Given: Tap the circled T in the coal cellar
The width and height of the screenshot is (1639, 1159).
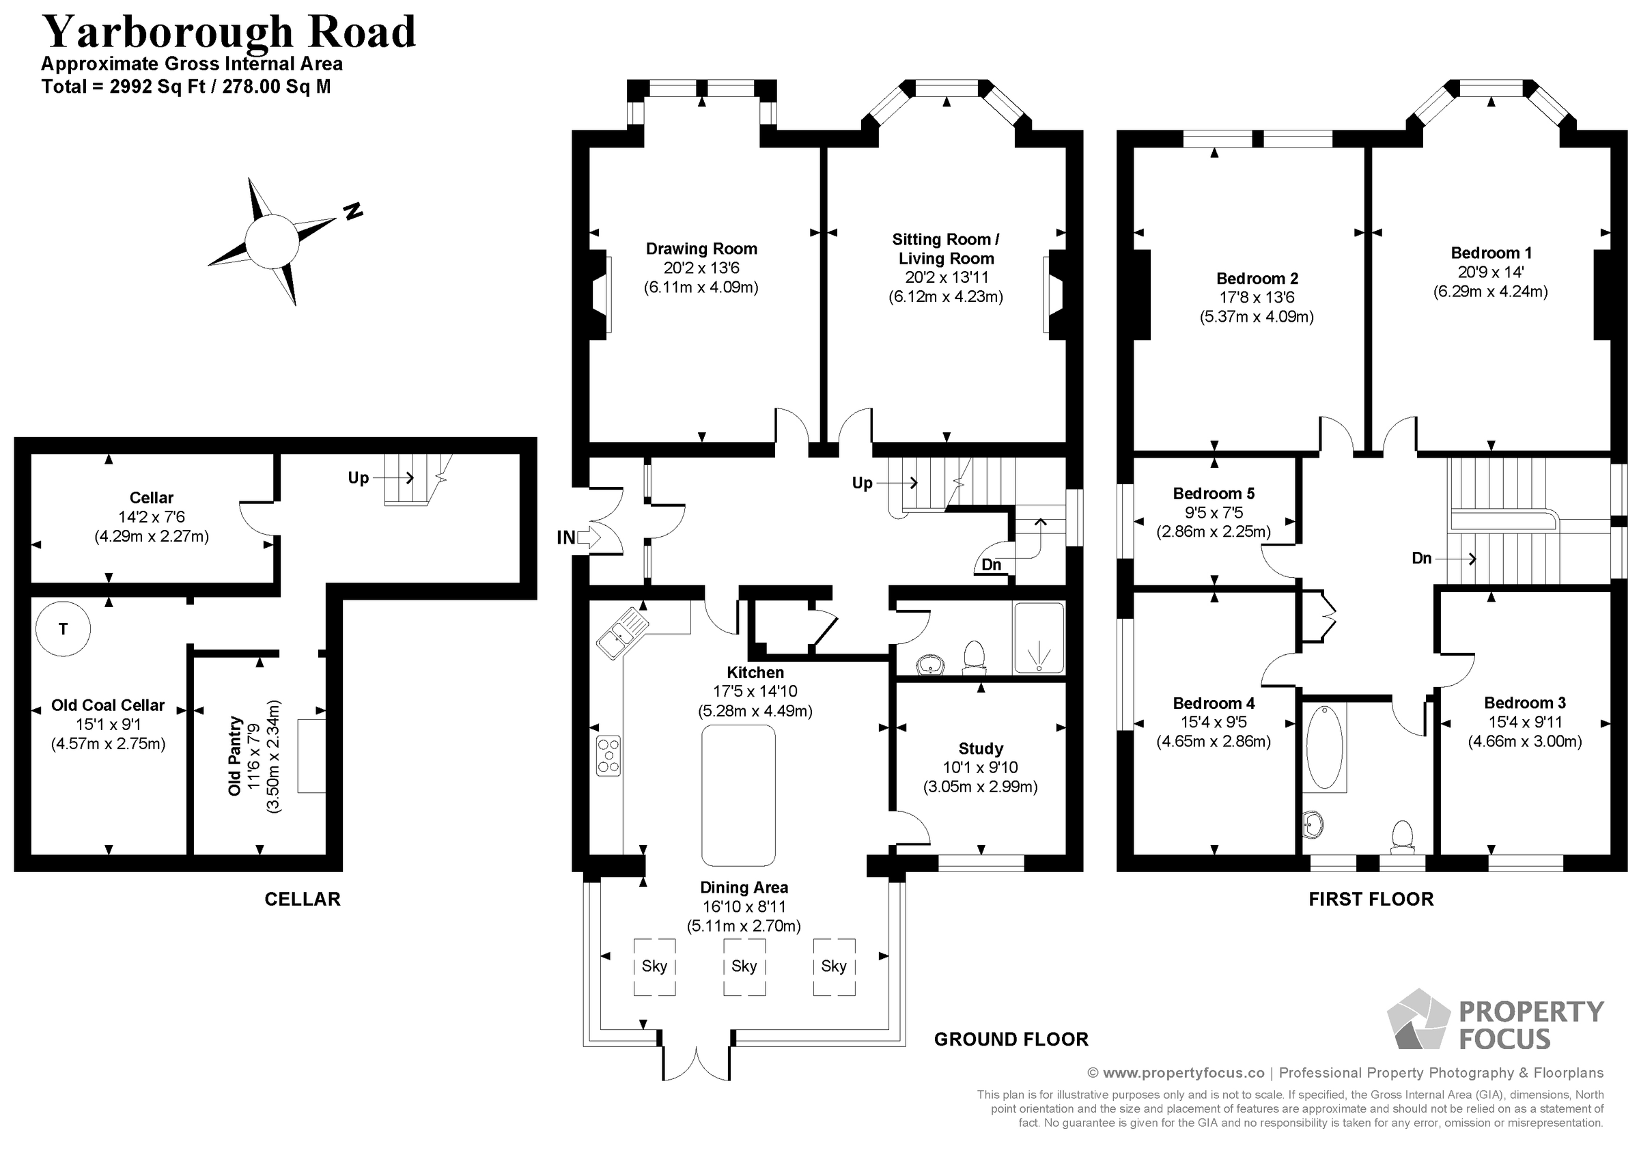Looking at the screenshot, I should click(63, 629).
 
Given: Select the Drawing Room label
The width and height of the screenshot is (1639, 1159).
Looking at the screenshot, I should click(701, 249).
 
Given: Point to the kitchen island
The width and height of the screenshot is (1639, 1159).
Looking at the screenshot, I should click(738, 795).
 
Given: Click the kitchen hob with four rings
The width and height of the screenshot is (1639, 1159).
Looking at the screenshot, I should click(608, 755).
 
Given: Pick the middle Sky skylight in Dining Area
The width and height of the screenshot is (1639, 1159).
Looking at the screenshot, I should click(744, 966).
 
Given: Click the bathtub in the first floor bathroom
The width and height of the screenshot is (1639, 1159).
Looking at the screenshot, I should click(1324, 747).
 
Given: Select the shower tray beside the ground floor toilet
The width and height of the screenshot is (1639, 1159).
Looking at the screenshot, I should click(1039, 639).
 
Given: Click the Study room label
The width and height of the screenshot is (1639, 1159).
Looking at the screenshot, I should click(980, 749).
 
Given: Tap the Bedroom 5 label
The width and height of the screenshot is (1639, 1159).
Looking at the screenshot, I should click(1214, 494).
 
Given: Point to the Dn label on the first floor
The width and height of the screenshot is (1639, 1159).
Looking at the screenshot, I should click(1421, 559).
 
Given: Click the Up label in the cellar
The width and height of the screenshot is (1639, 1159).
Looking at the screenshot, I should click(359, 478).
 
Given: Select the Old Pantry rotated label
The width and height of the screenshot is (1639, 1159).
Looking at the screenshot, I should click(235, 756).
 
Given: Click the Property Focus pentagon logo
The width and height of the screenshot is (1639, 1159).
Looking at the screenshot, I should click(1417, 1020).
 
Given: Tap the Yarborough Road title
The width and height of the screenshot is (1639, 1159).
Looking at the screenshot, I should click(228, 31).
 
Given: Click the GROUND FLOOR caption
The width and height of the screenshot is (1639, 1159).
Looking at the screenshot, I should click(1011, 1039).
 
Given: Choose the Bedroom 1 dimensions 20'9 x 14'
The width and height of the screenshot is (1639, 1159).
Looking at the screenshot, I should click(1491, 272).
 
